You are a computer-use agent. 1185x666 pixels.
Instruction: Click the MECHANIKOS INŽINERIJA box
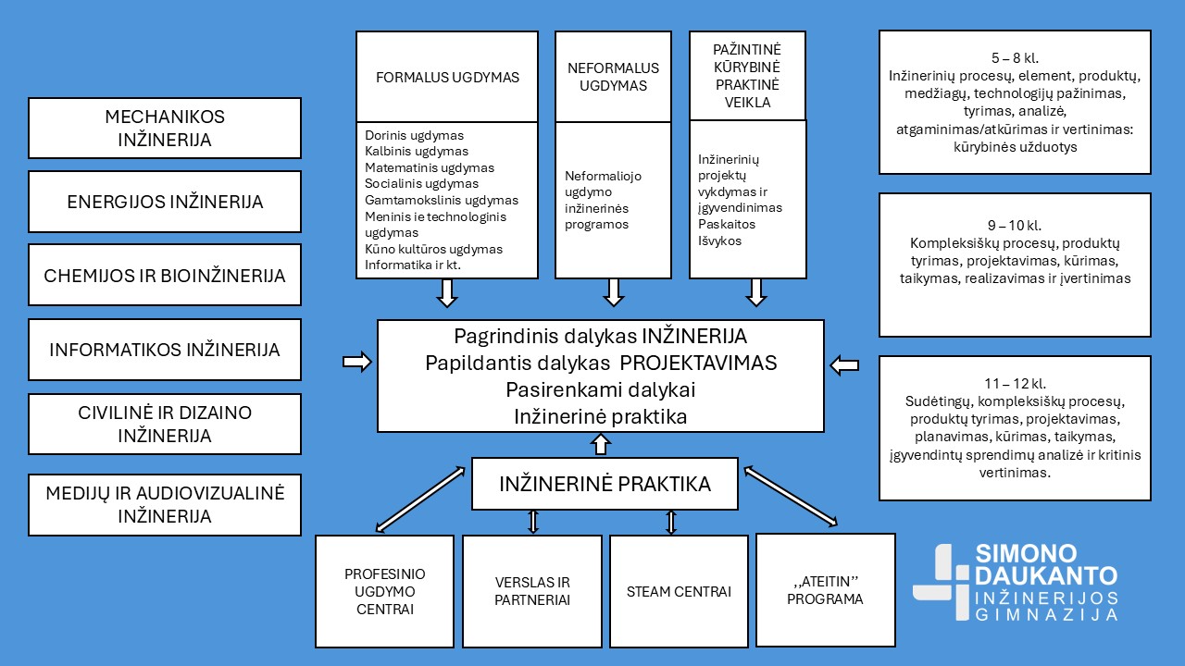(x=165, y=129)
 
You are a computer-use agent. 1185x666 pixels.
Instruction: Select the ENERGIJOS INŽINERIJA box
(x=165, y=202)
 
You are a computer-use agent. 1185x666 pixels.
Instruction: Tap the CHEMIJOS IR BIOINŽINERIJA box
(x=165, y=276)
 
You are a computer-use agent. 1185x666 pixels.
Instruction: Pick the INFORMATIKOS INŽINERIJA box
(x=165, y=350)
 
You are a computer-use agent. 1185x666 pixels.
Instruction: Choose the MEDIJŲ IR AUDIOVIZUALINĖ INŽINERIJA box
(x=165, y=504)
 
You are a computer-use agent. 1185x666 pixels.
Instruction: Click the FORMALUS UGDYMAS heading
(x=447, y=78)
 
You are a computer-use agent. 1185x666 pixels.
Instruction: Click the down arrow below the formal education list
(x=447, y=292)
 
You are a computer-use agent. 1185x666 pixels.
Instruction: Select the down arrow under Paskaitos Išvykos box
(x=756, y=292)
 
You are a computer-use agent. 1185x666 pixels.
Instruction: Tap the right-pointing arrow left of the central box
(x=356, y=362)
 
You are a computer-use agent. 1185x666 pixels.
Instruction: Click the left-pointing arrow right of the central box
(x=844, y=365)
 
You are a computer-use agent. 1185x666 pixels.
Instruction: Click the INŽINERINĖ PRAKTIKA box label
(x=605, y=484)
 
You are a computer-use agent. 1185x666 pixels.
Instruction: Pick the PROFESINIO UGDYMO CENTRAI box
(x=384, y=591)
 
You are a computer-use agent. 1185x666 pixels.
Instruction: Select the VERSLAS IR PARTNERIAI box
(x=532, y=591)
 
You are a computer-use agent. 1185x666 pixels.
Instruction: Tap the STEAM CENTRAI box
(x=679, y=591)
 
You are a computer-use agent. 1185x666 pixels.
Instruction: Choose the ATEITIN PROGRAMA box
(x=826, y=589)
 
